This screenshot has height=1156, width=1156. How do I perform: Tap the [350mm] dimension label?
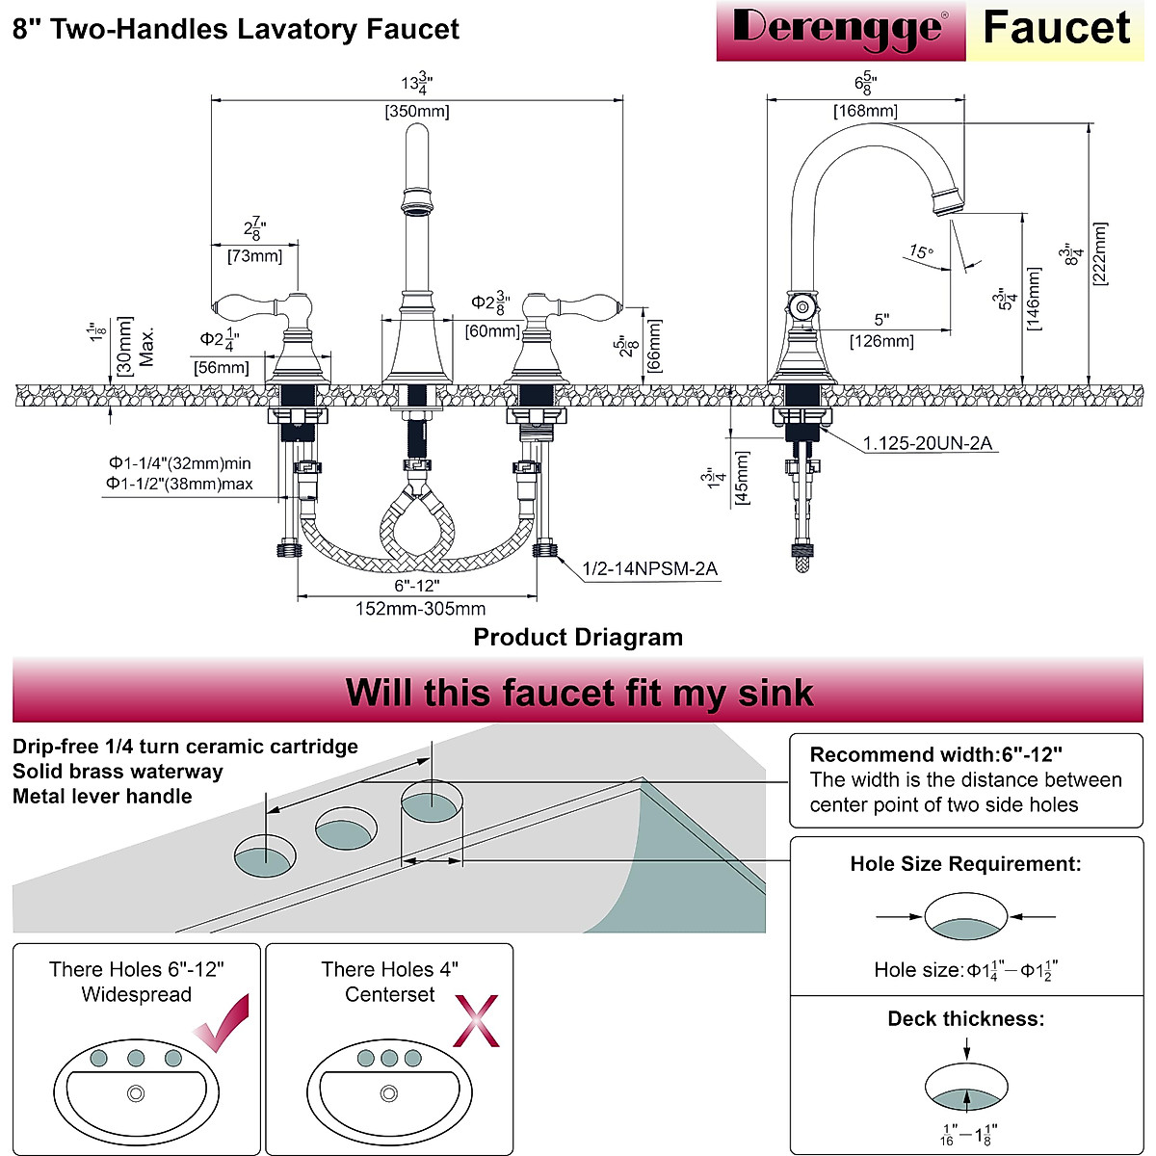click(417, 111)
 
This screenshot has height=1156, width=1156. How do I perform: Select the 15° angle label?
click(921, 252)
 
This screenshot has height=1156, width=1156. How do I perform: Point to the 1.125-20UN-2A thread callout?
click(927, 443)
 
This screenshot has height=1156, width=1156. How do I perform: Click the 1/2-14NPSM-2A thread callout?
click(650, 568)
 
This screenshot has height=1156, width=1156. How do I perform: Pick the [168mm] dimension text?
click(865, 111)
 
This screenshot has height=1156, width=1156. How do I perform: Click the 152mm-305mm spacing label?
click(421, 608)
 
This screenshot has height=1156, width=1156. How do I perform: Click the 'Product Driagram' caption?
click(578, 637)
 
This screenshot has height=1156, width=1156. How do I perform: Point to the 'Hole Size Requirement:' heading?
click(965, 864)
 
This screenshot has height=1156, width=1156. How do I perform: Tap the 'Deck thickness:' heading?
click(965, 1018)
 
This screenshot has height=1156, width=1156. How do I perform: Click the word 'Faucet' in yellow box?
click(1056, 29)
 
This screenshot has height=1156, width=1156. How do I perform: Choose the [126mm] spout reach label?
click(881, 341)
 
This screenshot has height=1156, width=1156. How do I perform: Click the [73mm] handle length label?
click(254, 256)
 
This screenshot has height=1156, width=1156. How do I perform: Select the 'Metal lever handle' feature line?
click(102, 797)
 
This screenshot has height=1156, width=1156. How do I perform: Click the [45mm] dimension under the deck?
click(743, 479)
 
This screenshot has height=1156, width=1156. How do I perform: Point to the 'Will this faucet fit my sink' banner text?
click(579, 693)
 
